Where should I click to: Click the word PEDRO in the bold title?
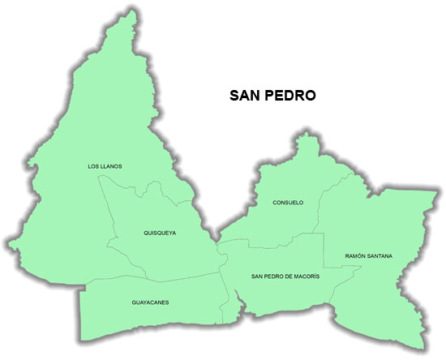(291, 95)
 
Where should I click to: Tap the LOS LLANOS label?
(105, 166)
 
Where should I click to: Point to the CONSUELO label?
(288, 202)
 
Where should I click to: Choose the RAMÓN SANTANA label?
(368, 256)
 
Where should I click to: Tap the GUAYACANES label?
(150, 302)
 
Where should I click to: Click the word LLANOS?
(111, 166)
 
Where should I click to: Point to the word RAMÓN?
(354, 256)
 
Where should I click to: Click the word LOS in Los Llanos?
(92, 166)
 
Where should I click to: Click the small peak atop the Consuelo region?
(306, 139)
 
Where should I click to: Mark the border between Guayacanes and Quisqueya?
(154, 279)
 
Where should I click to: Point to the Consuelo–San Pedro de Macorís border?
(268, 244)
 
